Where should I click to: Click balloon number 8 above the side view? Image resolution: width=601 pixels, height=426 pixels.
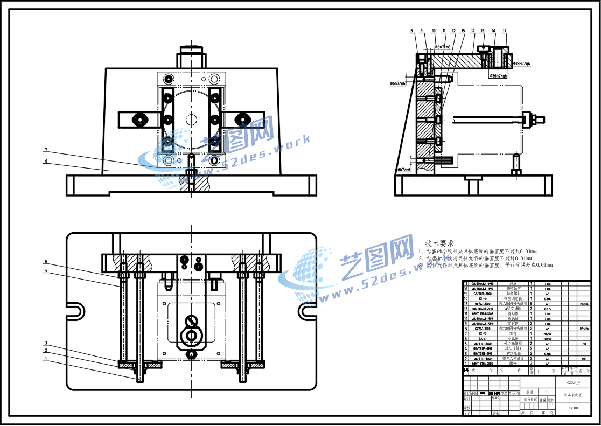pos(411,31)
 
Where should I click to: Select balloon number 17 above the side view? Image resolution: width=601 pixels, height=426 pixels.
pos(505,31)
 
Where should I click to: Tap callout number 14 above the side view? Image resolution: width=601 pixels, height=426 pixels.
pos(472,31)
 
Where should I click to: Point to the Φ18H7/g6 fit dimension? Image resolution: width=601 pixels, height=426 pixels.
pos(521,64)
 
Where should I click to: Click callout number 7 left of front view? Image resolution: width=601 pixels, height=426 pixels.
pos(46,149)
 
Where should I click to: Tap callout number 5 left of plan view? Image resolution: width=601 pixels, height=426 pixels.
pos(46,262)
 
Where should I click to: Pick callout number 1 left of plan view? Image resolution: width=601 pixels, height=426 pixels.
pos(46,359)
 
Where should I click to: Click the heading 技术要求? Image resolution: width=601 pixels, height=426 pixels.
pos(439,243)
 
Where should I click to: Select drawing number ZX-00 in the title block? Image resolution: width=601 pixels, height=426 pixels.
pos(573,408)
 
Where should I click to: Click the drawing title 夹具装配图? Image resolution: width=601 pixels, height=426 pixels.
pos(573,395)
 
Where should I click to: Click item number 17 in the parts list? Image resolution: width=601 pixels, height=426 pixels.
pos(466,283)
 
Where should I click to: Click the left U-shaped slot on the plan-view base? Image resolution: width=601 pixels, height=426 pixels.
pos(78,311)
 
